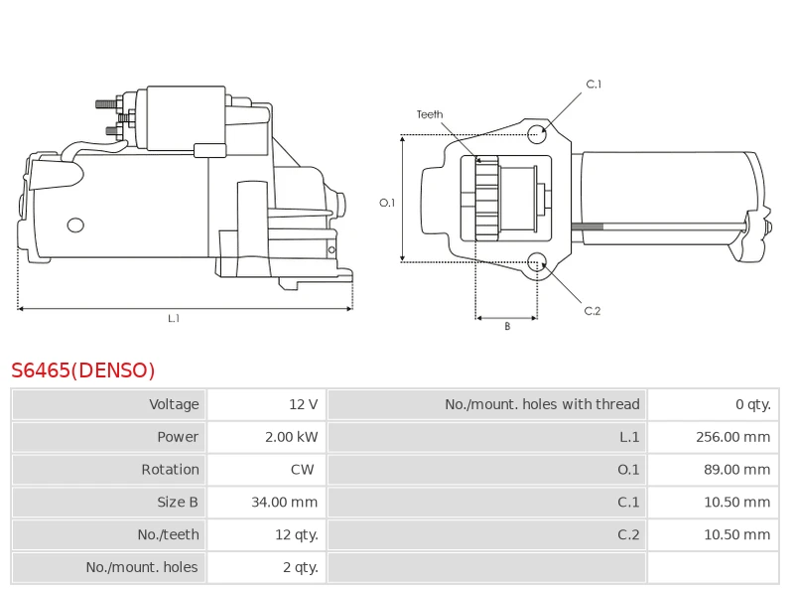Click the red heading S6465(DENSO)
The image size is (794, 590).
pos(83,370)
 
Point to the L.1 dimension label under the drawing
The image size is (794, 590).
pos(174,319)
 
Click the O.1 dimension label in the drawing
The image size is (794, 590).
pos(388,203)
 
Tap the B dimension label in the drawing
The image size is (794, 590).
pos(507,327)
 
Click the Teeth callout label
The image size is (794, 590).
pos(430,115)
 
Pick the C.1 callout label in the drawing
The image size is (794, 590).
pos(594,84)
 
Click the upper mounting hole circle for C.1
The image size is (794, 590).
pos(536,134)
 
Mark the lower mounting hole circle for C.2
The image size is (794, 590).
pos(537,262)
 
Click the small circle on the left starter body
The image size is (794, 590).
pos(75,225)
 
